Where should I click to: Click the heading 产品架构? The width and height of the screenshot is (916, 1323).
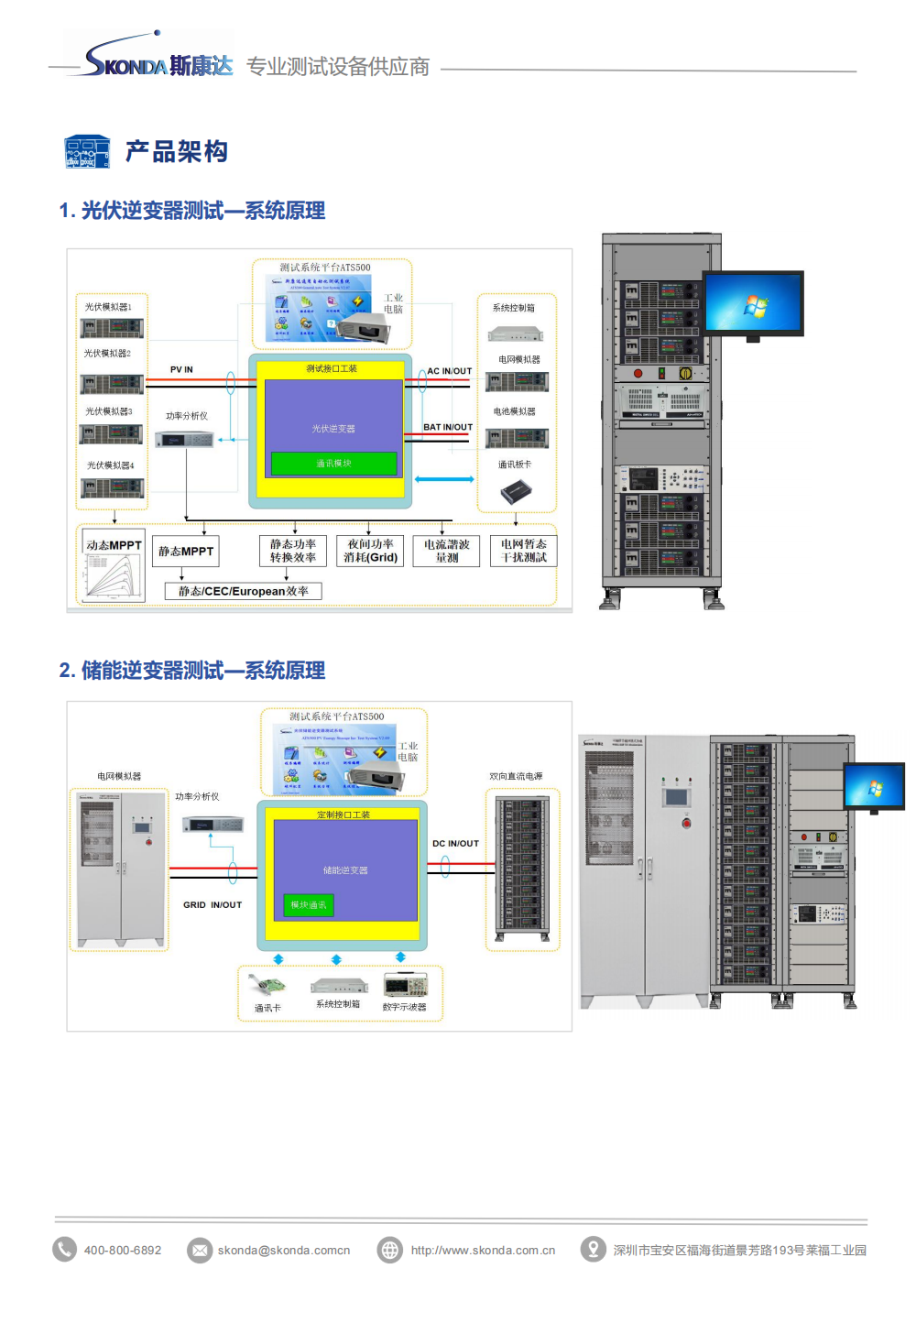click(x=176, y=151)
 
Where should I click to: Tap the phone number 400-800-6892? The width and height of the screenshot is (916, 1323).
click(x=123, y=1250)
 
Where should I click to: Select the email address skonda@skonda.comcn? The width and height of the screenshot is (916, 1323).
click(x=283, y=1250)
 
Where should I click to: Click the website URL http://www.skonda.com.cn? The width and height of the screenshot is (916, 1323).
click(x=483, y=1250)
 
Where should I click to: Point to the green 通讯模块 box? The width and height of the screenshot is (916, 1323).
click(x=333, y=464)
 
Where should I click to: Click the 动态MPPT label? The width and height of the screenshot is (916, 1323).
click(x=114, y=545)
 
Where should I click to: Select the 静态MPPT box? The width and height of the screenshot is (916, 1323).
click(x=186, y=552)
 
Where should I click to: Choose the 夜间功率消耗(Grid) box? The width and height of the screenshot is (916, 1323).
click(x=370, y=551)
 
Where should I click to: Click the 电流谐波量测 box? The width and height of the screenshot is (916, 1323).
click(x=446, y=551)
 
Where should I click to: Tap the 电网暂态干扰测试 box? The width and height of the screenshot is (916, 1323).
click(x=523, y=551)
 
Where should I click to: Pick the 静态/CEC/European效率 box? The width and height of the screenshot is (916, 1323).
click(x=243, y=591)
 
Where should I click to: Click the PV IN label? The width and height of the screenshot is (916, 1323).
click(x=181, y=370)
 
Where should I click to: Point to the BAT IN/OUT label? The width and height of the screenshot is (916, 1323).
click(x=448, y=427)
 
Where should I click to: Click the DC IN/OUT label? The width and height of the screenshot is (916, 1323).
click(x=455, y=844)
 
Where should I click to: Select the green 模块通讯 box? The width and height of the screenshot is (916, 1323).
click(x=309, y=905)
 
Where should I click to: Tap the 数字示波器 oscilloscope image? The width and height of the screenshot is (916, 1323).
click(x=405, y=986)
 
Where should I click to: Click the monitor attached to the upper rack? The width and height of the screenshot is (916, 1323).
click(x=753, y=304)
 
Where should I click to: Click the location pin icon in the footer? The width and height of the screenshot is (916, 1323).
click(x=594, y=1249)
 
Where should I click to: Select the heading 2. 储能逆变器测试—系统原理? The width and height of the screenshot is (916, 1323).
click(x=192, y=671)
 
